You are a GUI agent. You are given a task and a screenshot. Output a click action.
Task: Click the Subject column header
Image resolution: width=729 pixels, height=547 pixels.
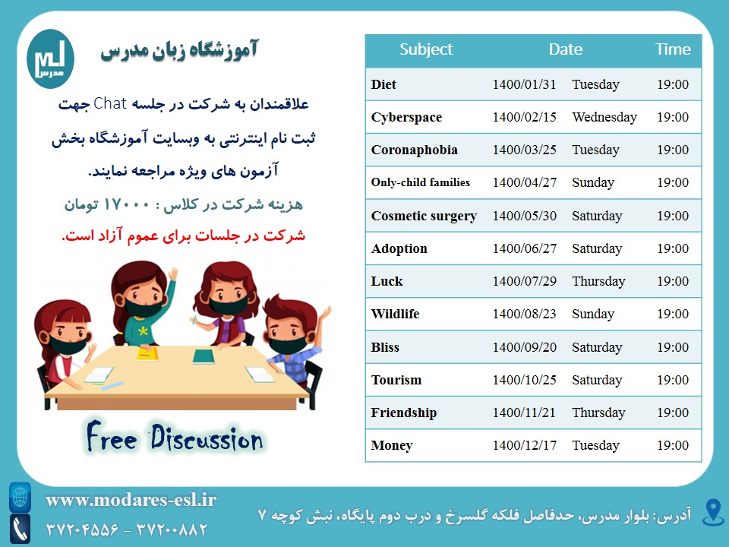(426, 49)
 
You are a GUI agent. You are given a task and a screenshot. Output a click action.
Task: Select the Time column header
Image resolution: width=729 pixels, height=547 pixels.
(673, 49)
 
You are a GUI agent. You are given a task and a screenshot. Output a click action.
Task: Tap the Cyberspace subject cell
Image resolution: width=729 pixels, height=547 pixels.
(406, 117)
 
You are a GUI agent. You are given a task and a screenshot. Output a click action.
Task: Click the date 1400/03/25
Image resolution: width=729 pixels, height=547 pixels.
(525, 150)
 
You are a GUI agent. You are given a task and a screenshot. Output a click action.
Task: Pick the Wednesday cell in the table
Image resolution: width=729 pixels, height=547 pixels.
(604, 117)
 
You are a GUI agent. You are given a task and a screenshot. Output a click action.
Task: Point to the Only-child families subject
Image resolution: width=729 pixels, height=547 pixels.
(420, 182)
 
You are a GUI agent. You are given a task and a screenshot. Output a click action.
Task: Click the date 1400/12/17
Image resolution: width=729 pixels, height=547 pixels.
(525, 446)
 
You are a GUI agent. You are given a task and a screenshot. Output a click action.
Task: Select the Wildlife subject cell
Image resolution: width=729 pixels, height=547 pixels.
(395, 314)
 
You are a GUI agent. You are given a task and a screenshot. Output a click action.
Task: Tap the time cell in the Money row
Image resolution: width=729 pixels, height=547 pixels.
(673, 446)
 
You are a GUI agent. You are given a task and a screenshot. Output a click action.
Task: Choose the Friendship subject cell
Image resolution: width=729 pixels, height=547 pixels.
(403, 413)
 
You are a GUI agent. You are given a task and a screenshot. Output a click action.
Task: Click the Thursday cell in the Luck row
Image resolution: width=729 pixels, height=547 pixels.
(598, 281)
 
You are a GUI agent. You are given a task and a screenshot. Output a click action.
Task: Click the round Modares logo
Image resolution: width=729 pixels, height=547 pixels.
(50, 59)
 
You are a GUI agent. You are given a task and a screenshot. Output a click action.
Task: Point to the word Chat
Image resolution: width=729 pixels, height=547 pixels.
(110, 103)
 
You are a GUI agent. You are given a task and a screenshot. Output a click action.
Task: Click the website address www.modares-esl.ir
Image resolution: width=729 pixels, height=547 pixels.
(131, 500)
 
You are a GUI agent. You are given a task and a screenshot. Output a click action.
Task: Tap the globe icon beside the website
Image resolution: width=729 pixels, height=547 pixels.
(20, 497)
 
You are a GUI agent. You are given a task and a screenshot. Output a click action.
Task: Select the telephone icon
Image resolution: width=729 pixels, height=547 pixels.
(20, 530)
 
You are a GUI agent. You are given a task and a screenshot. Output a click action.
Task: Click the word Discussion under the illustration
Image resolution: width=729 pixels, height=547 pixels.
(207, 438)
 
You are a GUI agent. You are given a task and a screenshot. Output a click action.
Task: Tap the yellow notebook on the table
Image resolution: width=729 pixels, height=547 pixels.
(147, 354)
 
